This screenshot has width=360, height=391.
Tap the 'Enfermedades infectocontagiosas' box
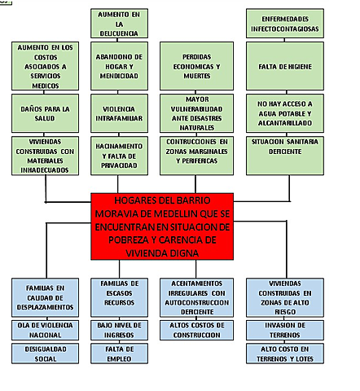pyautogui.click(x=292, y=24)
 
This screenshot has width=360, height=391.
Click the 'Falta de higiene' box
pyautogui.click(x=292, y=67)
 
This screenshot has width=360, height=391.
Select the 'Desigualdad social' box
pyautogui.click(x=45, y=354)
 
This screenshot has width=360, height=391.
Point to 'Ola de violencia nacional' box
pyautogui.click(x=45, y=330)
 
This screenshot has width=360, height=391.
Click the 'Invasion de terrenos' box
pyautogui.click(x=291, y=330)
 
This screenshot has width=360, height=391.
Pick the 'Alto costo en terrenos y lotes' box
pyautogui.click(x=291, y=354)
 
